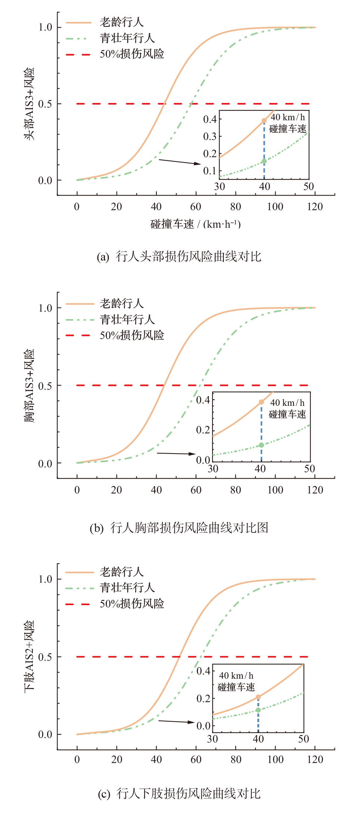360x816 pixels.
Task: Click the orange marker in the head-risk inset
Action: pos(264,121)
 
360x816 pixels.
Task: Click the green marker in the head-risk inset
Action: pos(264,161)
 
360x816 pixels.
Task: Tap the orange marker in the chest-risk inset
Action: pos(261,402)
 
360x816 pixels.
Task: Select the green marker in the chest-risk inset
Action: pos(261,445)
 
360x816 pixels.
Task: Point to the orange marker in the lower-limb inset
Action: pos(258,697)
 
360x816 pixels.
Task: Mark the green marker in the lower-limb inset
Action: pos(258,710)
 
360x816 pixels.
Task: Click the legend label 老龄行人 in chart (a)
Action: pos(121,22)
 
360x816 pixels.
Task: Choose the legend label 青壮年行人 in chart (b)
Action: pos(127,320)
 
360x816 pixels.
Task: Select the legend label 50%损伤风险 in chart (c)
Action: pos(132,604)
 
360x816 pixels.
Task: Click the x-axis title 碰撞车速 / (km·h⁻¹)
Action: pos(195,224)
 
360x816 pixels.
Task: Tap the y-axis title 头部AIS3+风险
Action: pos(29,104)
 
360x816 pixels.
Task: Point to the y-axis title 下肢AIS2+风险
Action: pos(29,655)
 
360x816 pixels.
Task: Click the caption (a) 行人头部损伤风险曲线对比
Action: pos(179,257)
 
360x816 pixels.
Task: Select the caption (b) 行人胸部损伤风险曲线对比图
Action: pos(179,528)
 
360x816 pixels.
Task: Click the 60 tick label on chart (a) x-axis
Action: pos(196,206)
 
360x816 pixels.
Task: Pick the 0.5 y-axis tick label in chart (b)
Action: pos(45,386)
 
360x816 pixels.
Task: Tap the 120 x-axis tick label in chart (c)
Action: pos(315,759)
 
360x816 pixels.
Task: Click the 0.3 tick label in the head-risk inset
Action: pos(210,137)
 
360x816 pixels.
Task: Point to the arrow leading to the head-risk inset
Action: pos(179,162)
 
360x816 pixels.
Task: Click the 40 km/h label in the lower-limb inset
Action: pos(236,676)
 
